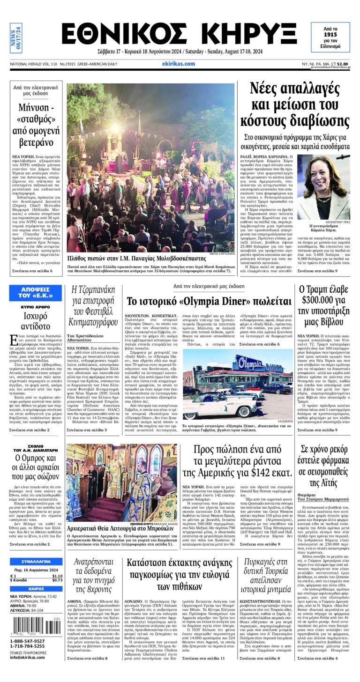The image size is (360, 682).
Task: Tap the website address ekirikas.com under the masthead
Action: click(x=178, y=64)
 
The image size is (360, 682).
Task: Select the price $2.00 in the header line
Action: click(x=342, y=64)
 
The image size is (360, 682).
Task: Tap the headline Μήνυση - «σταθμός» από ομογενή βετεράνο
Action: click(x=36, y=125)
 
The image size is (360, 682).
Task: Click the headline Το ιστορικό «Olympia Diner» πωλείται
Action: click(x=209, y=301)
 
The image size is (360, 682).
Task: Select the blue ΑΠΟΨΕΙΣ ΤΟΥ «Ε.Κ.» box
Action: click(x=36, y=292)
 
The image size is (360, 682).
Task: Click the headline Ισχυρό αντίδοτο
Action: click(x=36, y=320)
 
